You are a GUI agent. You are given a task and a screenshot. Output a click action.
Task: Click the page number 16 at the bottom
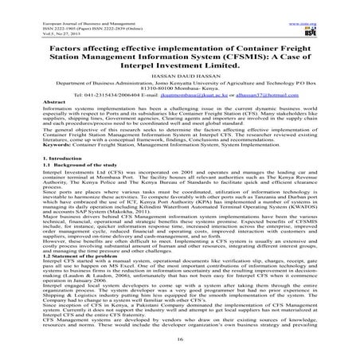point(180,338)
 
